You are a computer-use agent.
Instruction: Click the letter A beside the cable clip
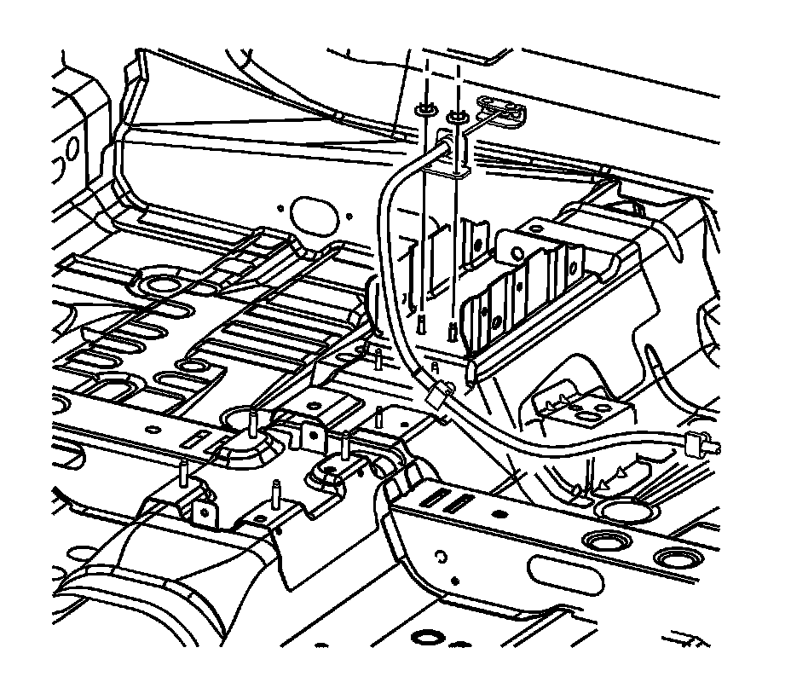click(435, 367)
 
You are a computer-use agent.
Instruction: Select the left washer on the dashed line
click(424, 112)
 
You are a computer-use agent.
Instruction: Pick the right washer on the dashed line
click(458, 113)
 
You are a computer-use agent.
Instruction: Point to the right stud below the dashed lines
click(451, 329)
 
